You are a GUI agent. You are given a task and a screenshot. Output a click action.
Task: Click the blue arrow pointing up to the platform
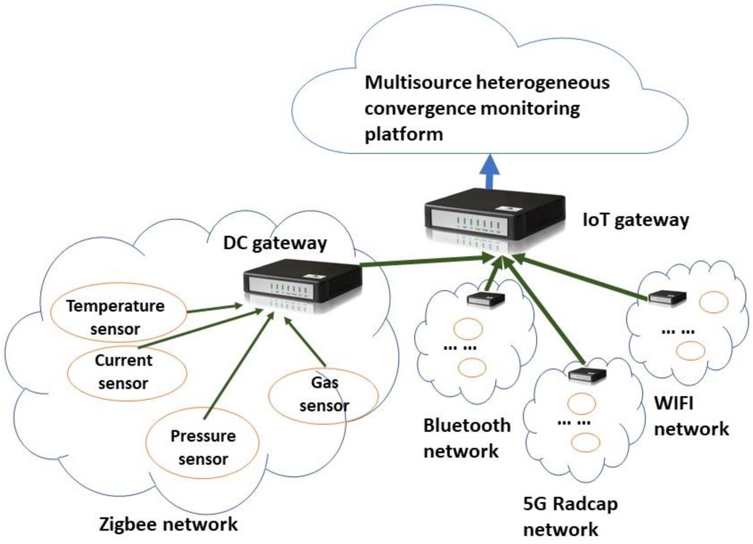tap(490, 172)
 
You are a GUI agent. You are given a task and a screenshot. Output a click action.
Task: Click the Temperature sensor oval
tap(119, 312)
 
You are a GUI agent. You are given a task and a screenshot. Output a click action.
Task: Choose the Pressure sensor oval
tap(202, 443)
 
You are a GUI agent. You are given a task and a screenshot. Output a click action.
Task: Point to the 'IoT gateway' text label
tap(636, 220)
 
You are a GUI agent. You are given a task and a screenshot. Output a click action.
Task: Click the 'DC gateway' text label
tap(275, 243)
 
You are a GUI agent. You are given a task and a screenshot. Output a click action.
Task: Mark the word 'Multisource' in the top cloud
tap(418, 82)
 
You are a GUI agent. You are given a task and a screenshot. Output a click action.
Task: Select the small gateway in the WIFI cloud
tap(667, 297)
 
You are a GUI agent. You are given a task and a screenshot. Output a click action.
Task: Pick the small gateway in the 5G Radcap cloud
tap(587, 375)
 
